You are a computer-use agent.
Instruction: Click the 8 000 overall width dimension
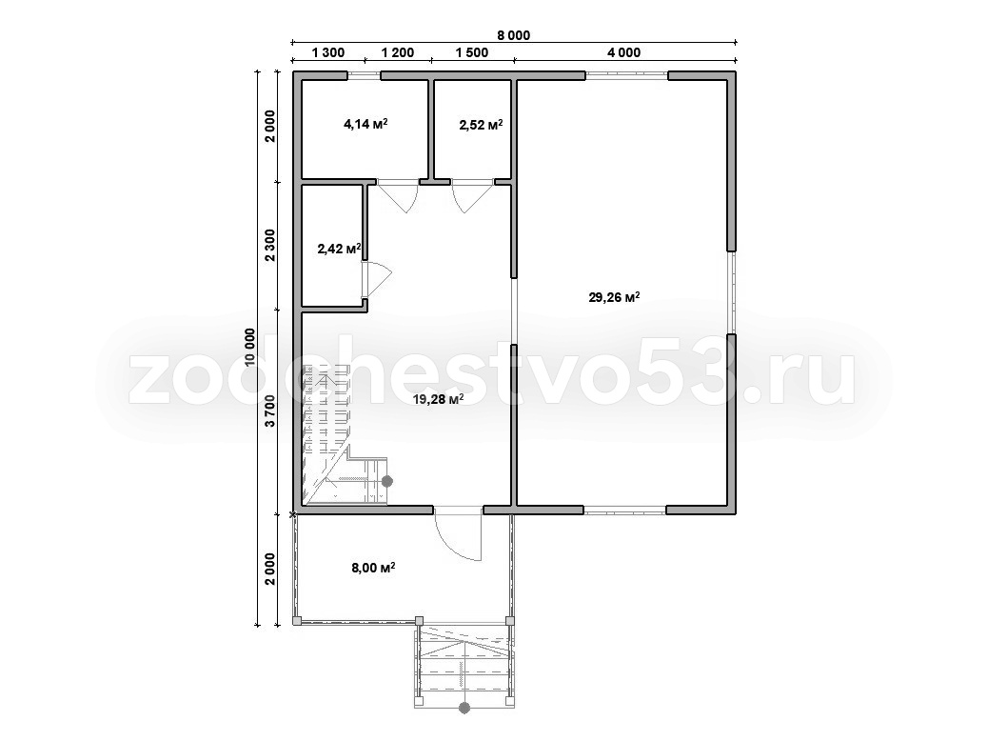[x=514, y=35]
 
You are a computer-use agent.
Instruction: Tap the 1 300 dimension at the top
[x=328, y=52]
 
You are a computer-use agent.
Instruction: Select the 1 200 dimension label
[x=398, y=52]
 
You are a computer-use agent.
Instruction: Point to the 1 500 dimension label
[x=472, y=52]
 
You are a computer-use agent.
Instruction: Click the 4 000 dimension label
[x=623, y=52]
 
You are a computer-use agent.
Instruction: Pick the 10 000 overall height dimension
[x=250, y=348]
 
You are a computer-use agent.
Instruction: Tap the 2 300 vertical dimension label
[x=269, y=245]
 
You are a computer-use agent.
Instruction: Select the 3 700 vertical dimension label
[x=269, y=411]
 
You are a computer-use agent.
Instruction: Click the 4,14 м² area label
[x=365, y=124]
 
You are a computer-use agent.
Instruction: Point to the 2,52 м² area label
[x=481, y=124]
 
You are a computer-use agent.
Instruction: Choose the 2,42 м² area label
[x=339, y=249]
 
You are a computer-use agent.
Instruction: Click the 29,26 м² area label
[x=614, y=297]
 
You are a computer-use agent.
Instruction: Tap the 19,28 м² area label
[x=438, y=399]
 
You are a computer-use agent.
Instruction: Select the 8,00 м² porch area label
[x=373, y=568]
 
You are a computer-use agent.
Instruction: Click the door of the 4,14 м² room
[x=399, y=194]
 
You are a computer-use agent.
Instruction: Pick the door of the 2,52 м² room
[x=472, y=194]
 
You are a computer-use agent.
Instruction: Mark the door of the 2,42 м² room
[x=376, y=279]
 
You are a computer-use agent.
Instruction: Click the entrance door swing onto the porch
[x=458, y=533]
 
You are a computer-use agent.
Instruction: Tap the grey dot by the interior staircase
[x=387, y=481]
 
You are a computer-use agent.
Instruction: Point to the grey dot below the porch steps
[x=464, y=708]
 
